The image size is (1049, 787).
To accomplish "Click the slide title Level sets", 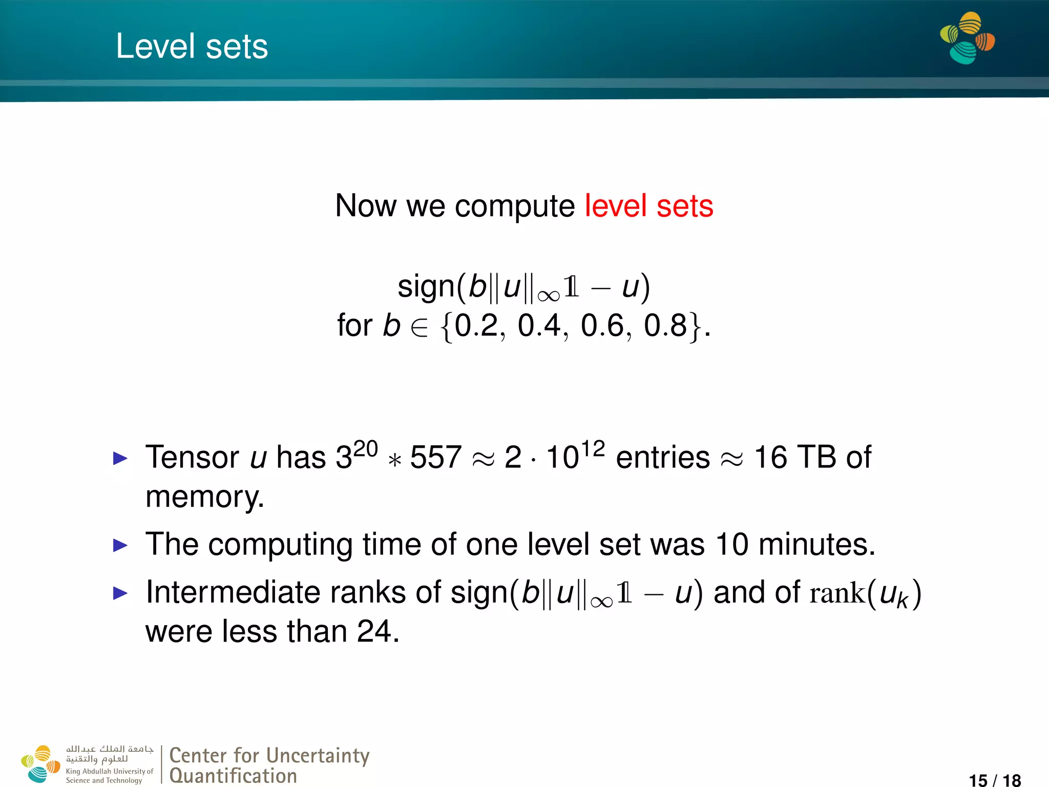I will (x=192, y=46).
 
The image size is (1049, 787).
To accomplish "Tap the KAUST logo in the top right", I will (x=967, y=38).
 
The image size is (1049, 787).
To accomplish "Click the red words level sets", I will (x=648, y=206).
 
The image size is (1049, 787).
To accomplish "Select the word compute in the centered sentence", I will (x=514, y=207).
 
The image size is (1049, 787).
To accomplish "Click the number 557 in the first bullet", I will (x=435, y=457).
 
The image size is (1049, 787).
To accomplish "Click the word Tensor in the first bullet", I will (x=192, y=457).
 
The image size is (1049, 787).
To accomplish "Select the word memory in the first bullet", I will (x=203, y=497).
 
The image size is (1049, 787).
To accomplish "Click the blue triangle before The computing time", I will (x=120, y=545).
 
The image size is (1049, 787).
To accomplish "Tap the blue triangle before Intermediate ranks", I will (x=120, y=593).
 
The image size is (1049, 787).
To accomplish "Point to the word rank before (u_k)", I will (x=837, y=593).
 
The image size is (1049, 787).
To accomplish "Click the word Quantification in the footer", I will (x=233, y=776).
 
